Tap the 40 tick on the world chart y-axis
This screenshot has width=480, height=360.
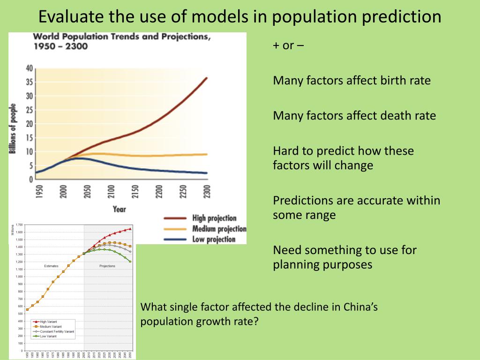29,68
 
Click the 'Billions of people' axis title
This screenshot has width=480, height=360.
13,128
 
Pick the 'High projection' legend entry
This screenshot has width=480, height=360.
214,218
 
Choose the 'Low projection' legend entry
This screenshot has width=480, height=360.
214,240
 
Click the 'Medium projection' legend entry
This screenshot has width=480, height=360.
219,229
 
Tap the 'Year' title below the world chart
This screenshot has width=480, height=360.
120,209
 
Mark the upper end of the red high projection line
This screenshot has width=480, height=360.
206,78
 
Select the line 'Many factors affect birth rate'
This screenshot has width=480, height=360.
352,81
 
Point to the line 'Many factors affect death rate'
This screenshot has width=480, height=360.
354,115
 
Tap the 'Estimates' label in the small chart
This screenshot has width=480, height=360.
51,266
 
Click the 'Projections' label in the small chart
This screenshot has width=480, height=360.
107,266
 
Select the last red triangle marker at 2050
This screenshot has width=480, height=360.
130,229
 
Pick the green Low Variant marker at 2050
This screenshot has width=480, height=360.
130,262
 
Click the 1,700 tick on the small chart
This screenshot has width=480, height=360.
19,225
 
